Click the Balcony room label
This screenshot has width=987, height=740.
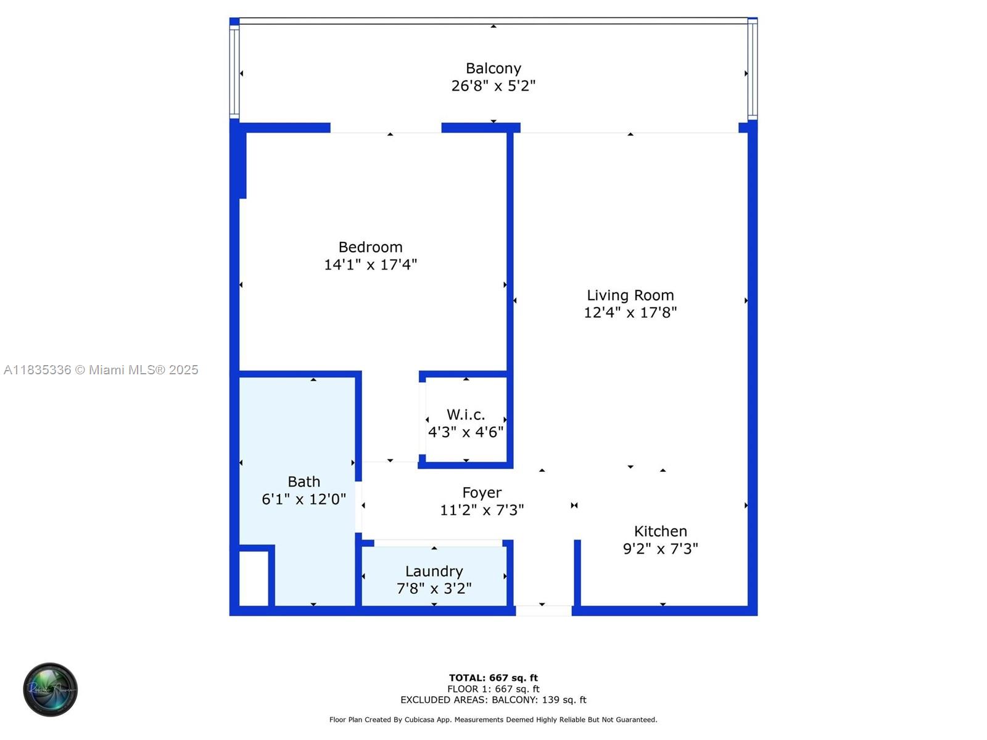tap(493, 68)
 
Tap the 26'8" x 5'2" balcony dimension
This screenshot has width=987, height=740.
tap(493, 86)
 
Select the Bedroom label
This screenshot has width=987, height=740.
tap(371, 247)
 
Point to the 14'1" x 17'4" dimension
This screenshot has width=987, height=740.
tap(371, 265)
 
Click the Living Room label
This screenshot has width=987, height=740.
tap(630, 295)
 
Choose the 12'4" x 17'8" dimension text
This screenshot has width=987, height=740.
tap(630, 313)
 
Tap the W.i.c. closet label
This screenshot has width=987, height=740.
tap(466, 415)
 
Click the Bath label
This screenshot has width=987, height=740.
tap(304, 482)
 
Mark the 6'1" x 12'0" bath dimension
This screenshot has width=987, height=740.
tap(304, 499)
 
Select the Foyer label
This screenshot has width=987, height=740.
tap(482, 493)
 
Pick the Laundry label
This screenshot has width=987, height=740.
tap(434, 572)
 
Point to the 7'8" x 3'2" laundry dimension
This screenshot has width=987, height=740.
tap(434, 589)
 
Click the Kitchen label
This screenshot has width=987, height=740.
tap(661, 532)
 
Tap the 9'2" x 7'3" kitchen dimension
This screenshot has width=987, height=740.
tap(661, 549)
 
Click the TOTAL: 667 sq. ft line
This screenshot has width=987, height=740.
tap(493, 678)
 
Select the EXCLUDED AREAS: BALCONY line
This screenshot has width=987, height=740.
tap(493, 700)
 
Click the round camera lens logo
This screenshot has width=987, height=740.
tap(51, 689)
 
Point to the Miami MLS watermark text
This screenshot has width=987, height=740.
tap(101, 370)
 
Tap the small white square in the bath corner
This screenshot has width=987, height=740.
tap(254, 578)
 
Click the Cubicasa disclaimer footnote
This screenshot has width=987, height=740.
tap(493, 720)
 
